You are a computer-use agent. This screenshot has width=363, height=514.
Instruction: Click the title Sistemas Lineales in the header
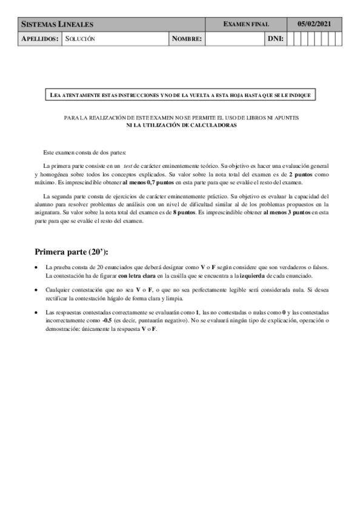pos(58,24)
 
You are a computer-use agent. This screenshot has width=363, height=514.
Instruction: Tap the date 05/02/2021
pos(314,24)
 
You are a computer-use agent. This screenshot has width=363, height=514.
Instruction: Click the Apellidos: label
pos(40,39)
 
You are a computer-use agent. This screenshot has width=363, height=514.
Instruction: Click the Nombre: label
pos(187,39)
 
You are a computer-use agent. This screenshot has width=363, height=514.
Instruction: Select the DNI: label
pos(276,39)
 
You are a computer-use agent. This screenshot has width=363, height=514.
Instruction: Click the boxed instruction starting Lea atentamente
pos(181,95)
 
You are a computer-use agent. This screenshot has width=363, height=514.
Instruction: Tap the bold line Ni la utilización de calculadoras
pos(181,125)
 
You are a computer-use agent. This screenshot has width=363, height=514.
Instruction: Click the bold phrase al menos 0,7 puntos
pos(148,182)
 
